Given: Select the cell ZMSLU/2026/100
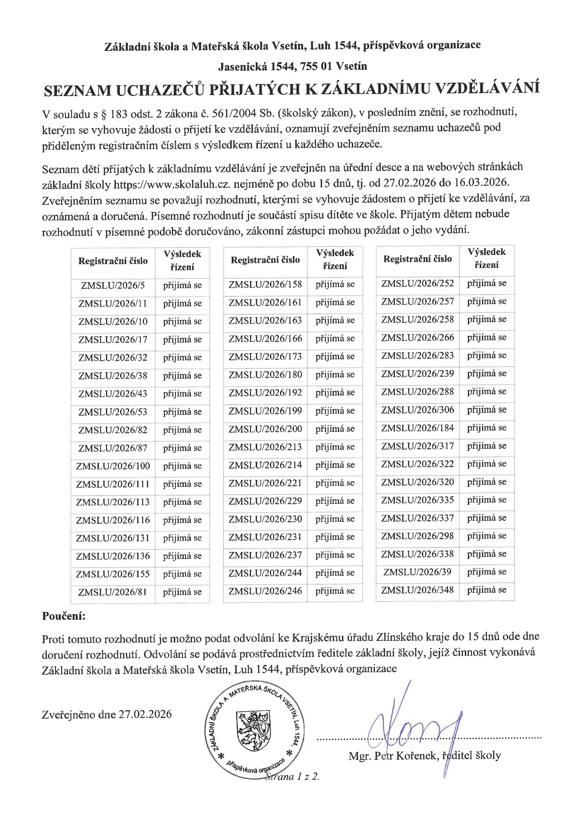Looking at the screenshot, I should coord(113,466).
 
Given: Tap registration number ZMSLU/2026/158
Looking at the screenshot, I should coord(265,284).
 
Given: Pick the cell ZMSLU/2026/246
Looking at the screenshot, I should coord(265,591).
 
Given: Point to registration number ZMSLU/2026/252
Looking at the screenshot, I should coord(417,283).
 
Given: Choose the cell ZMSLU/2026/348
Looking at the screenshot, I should coord(417,590).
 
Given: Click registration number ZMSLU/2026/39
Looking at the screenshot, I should coord(417,572).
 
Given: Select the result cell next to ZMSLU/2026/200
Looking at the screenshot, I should coord(335,429).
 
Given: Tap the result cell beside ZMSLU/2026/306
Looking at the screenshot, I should coord(487,410).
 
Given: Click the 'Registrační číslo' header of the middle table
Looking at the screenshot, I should coord(265,260).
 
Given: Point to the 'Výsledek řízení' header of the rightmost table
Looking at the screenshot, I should coord(487,259).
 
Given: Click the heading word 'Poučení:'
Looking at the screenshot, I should coord(64,615).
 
